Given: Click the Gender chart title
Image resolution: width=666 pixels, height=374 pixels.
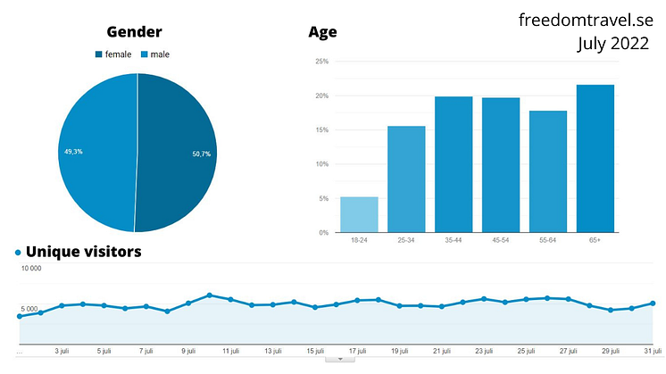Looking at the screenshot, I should [134, 32].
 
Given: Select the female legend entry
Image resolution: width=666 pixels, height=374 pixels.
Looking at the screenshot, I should [113, 54].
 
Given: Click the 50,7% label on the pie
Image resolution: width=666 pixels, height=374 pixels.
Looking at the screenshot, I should [201, 154].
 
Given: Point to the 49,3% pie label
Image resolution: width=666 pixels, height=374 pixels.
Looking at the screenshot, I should [73, 151].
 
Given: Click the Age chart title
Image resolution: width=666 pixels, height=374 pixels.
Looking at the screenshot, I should [322, 32].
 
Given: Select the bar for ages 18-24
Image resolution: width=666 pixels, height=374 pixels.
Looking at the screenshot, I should [359, 214].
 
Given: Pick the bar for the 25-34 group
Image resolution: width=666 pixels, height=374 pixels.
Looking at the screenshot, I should [406, 179].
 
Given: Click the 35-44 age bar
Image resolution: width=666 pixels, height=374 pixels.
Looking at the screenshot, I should [454, 164].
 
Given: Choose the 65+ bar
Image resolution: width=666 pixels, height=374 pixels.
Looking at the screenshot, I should [595, 158].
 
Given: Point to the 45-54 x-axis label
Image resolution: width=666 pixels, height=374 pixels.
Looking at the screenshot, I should [501, 241].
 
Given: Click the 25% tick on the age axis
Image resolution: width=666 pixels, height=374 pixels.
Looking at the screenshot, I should [322, 62].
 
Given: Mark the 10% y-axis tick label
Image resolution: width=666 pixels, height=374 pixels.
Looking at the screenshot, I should [322, 164].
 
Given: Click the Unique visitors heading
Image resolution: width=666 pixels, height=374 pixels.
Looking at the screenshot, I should [83, 252].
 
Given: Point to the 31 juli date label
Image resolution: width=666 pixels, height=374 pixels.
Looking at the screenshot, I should [652, 351].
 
